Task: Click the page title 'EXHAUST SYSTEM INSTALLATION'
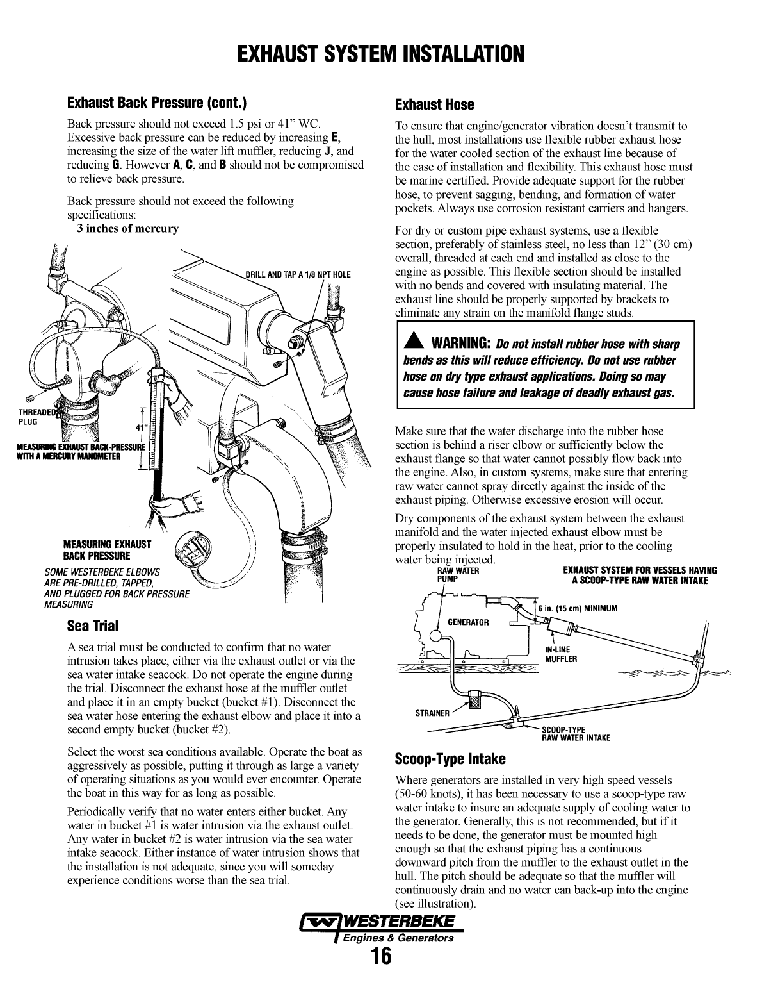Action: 380,54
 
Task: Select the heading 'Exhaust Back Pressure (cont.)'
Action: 157,103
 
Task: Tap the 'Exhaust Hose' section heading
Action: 434,104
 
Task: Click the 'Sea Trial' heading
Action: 93,626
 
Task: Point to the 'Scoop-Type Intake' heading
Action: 450,759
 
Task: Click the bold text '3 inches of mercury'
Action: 128,229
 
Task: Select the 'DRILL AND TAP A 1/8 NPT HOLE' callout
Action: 298,274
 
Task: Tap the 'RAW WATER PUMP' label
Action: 457,574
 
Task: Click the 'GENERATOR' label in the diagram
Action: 467,622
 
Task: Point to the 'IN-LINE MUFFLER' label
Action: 560,654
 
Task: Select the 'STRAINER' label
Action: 432,713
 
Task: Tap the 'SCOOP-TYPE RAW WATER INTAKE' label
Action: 576,733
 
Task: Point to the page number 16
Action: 380,957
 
